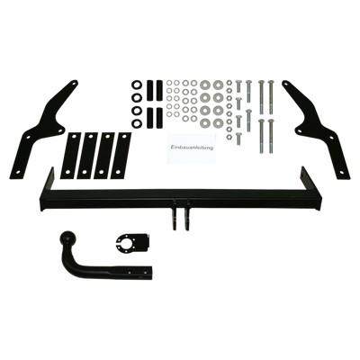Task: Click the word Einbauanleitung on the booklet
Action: point(192,148)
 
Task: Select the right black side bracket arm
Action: point(318,130)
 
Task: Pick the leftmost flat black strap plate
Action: point(68,156)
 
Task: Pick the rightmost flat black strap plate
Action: point(121,156)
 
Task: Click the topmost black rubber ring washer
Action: point(137,85)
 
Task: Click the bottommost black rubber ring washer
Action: point(137,122)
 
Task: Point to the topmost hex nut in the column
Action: point(229,82)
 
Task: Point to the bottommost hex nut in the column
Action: point(229,137)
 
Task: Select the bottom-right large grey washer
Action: point(218,121)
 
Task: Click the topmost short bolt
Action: point(238,86)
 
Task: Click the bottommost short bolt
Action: point(238,139)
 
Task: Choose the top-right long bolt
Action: point(271,96)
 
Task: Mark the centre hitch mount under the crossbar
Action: point(180,213)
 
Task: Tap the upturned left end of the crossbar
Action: point(48,180)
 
